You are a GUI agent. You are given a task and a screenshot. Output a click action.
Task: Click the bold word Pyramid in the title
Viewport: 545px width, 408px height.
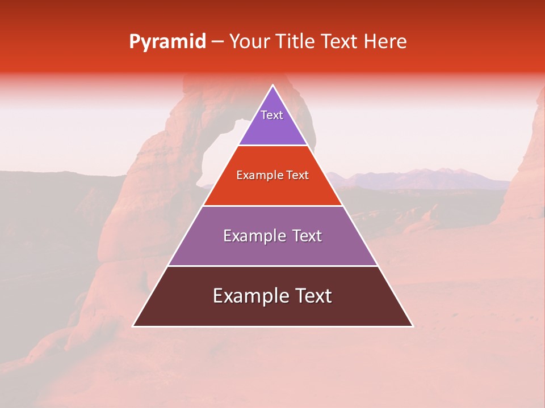(167, 41)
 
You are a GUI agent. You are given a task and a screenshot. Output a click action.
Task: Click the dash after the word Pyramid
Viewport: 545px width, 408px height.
(217, 42)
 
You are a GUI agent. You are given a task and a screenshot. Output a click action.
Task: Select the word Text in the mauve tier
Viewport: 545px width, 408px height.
(307, 236)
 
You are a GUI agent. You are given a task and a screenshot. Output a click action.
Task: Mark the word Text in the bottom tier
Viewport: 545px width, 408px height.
(312, 296)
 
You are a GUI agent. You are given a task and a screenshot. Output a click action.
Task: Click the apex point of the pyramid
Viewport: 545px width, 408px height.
(272, 86)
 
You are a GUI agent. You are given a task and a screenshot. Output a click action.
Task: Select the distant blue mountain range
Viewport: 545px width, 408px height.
(420, 178)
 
